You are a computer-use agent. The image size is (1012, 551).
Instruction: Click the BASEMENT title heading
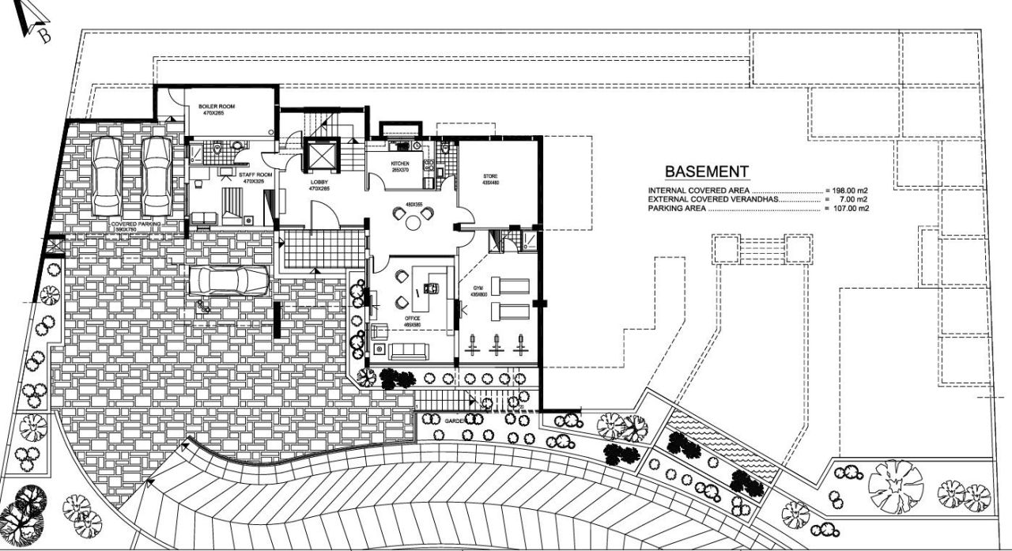point(706,172)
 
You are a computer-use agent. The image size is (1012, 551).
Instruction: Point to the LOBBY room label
point(319,182)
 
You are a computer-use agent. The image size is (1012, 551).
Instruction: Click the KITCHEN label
point(399,164)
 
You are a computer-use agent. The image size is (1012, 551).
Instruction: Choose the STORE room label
point(490,175)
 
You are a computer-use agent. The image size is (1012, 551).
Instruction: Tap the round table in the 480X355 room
point(413,222)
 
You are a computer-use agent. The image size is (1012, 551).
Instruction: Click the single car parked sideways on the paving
point(229,281)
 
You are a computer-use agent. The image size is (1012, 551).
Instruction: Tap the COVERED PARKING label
point(136,225)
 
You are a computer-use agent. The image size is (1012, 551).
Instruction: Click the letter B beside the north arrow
point(44,36)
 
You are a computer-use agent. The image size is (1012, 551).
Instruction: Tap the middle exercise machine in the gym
point(497,344)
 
